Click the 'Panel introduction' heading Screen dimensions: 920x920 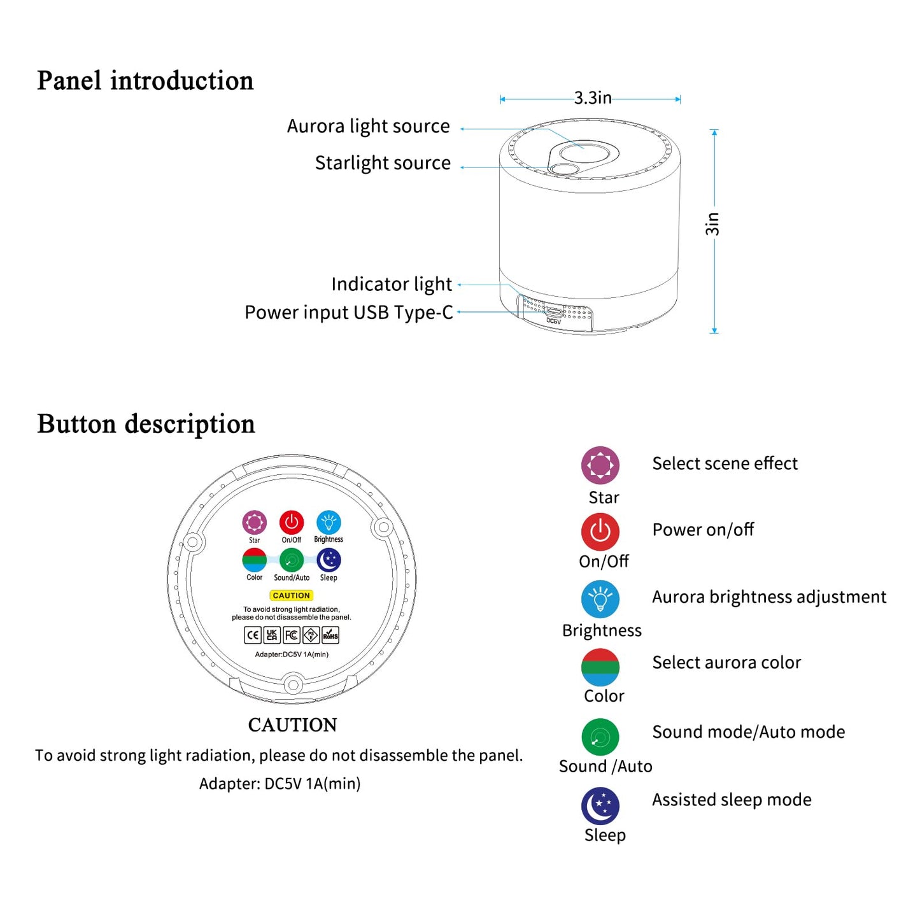tap(145, 81)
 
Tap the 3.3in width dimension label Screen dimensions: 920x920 tap(593, 98)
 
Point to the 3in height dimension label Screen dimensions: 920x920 tap(712, 224)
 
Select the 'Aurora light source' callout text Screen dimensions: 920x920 tap(368, 127)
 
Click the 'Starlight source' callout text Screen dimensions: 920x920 tap(383, 164)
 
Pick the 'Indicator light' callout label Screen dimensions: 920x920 tap(391, 284)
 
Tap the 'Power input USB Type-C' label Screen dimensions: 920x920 tap(348, 313)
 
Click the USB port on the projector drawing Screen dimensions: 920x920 tap(553, 312)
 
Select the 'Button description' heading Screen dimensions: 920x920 tap(146, 424)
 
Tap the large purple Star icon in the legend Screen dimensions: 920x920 tap(600, 465)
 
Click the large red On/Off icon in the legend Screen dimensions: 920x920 tap(600, 531)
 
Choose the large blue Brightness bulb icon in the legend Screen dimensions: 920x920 tap(600, 598)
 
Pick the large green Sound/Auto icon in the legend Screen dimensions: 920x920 tap(600, 737)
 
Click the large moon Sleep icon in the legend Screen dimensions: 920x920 tap(600, 805)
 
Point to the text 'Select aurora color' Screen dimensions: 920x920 tap(726, 663)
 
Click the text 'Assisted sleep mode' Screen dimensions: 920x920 tap(732, 800)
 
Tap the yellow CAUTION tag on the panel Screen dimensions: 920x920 tap(292, 595)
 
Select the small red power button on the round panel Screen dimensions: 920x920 tap(292, 523)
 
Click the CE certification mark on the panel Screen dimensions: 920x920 tap(253, 635)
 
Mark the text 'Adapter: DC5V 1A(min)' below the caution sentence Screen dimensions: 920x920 tap(280, 783)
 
